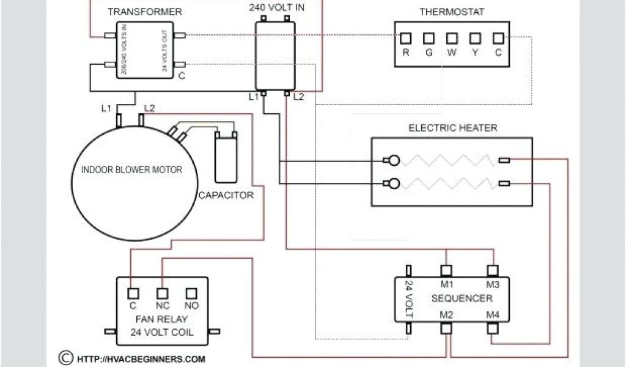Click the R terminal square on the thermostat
click(406, 37)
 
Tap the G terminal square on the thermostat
click(429, 37)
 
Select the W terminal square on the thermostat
click(452, 37)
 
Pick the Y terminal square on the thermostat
click(475, 37)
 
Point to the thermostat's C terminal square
click(498, 37)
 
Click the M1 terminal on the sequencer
click(447, 270)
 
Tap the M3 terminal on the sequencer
click(493, 270)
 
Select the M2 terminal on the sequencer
click(447, 328)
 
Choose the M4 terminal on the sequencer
click(493, 328)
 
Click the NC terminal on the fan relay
click(162, 293)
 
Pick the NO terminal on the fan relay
click(191, 293)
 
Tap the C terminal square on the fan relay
click(132, 293)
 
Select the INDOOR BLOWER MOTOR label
click(131, 169)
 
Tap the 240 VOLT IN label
click(276, 7)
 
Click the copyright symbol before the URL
click(64, 358)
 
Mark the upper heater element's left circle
click(394, 161)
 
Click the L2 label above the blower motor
click(149, 108)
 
